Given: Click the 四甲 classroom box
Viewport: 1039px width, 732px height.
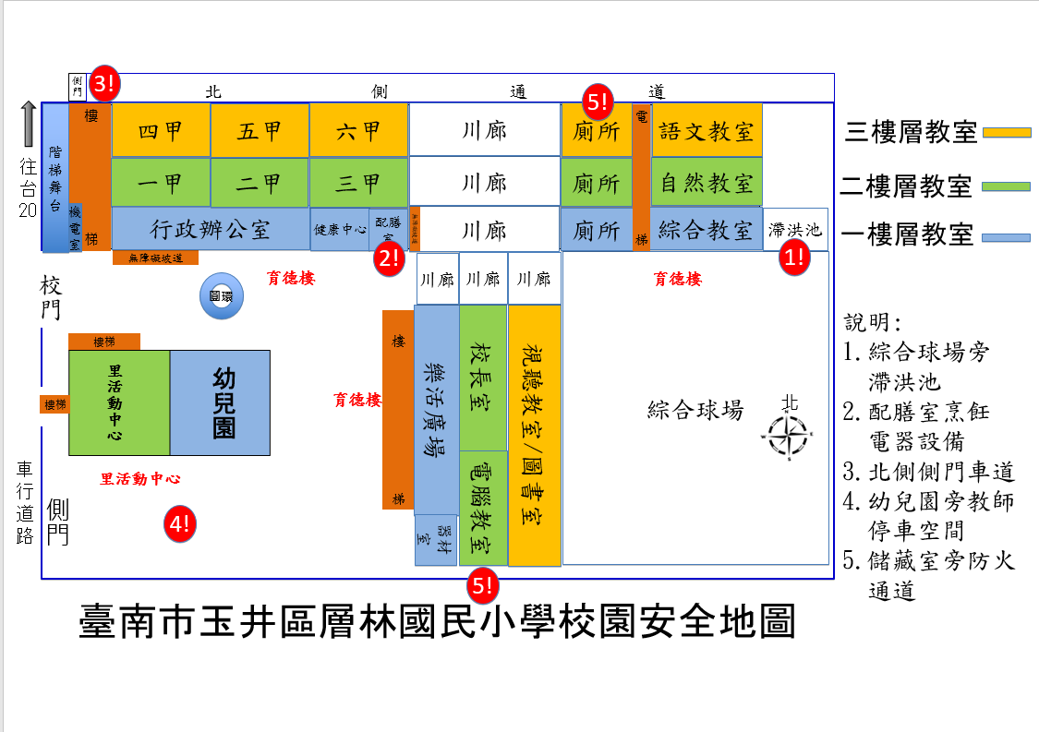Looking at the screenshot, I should [x=161, y=131].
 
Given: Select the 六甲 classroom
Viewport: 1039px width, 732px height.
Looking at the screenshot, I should [x=358, y=131].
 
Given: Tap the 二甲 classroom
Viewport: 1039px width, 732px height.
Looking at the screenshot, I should [x=260, y=183].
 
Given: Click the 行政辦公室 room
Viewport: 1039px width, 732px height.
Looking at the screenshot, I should [x=211, y=229].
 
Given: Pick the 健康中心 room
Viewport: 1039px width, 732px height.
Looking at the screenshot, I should [x=340, y=230].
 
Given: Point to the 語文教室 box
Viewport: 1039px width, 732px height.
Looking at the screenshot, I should [x=707, y=131].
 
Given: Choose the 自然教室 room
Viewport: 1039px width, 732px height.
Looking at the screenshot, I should [x=707, y=183].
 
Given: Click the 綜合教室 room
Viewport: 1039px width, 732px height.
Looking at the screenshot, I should [x=707, y=230].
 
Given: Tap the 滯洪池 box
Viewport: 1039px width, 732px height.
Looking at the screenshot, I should [x=795, y=229].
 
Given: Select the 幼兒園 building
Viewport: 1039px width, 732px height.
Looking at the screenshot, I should [x=220, y=402].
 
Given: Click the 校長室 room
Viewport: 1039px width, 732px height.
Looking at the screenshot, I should [x=483, y=378].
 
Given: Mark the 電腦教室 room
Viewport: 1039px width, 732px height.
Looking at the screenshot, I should [x=483, y=508].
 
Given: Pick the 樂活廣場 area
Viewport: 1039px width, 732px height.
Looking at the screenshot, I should [x=436, y=410].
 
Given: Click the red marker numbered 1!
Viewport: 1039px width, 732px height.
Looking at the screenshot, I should [x=794, y=258].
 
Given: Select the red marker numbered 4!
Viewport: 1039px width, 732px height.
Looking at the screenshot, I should [x=179, y=524].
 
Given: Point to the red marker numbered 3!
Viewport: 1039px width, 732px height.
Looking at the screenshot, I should [x=104, y=85].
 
